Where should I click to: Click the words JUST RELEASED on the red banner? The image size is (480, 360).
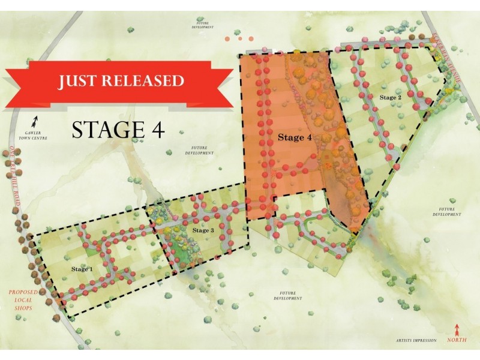tap(121, 81)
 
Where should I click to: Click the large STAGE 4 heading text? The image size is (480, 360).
tap(118, 129)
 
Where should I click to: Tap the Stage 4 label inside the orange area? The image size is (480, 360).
tap(294, 137)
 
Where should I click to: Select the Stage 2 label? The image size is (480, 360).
tap(390, 97)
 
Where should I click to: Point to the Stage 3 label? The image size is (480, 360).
tap(203, 230)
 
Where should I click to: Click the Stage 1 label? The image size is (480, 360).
tap(82, 269)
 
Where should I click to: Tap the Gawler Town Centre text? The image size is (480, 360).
tap(37, 135)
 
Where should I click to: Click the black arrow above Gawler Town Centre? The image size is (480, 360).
tap(36, 120)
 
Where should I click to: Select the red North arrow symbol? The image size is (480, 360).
tap(458, 329)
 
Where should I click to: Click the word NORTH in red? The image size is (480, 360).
tap(458, 340)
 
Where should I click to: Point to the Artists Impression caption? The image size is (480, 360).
tap(413, 340)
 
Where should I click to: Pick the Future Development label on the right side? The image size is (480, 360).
tap(445, 211)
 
